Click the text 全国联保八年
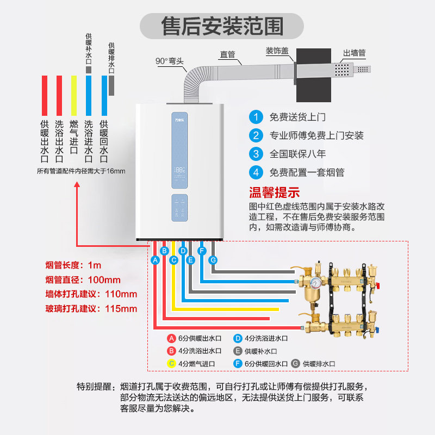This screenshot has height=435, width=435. pyautogui.click(x=299, y=154)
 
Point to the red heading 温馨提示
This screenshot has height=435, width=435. pyautogui.click(x=275, y=192)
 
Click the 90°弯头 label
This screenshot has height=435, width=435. pyautogui.click(x=170, y=61)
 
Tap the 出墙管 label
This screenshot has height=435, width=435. pyautogui.click(x=354, y=53)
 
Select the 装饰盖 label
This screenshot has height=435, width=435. pyautogui.click(x=281, y=51)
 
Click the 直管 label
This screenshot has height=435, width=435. pyautogui.click(x=227, y=54)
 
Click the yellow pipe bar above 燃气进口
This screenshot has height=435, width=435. pyautogui.click(x=74, y=93)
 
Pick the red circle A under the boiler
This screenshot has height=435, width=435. pyautogui.click(x=155, y=260)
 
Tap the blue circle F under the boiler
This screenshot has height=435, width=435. pyautogui.click(x=202, y=251)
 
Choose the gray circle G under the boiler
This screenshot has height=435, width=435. pyautogui.click(x=213, y=260)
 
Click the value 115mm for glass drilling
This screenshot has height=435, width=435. pyautogui.click(x=122, y=308)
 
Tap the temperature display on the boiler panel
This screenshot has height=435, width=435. pyautogui.click(x=180, y=170)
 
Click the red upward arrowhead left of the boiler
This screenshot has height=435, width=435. pyautogui.click(x=78, y=185)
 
